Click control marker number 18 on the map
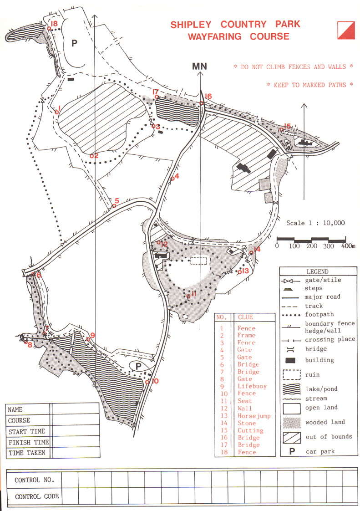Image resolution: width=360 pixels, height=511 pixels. pos(54,24)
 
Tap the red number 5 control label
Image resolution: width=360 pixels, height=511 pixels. pos(117,201)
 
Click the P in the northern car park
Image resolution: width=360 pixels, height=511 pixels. pos(74,43)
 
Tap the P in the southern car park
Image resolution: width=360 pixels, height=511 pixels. pos(138,366)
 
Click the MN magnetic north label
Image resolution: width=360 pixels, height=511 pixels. pos(199,66)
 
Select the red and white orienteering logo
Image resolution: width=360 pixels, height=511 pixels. pos(346,31)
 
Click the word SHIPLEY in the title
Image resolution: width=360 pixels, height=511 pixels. pos(191,25)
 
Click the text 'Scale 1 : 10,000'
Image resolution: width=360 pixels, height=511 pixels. pos(315,223)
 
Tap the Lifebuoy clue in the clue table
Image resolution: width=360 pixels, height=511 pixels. pos(252,386)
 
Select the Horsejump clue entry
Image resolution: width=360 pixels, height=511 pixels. pos(254,416)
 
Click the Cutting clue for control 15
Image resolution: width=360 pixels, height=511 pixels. pos(250,430)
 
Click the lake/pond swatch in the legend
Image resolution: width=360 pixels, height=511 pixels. pos(292,389)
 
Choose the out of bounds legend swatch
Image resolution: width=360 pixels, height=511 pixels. pos(292,437)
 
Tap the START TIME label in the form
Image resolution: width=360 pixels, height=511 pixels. pos(27,431)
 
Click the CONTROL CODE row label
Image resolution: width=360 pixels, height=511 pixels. pos(37,496)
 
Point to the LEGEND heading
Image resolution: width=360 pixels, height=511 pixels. pos(317,271)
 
